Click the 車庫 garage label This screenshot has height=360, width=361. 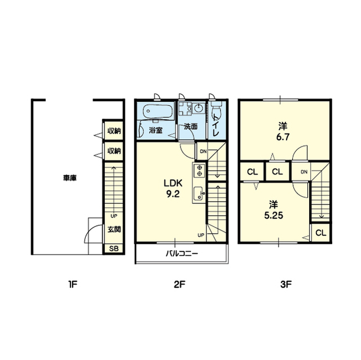click(x=70, y=177)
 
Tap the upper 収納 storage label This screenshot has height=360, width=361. click(x=114, y=131)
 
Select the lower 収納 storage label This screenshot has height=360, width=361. click(x=114, y=151)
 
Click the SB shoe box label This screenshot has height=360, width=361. click(x=114, y=248)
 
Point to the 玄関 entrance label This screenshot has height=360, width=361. click(x=114, y=229)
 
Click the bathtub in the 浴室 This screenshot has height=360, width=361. click(x=158, y=111)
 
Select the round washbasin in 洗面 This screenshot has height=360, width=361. click(x=199, y=108)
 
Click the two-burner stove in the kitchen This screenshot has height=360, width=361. click(x=199, y=170)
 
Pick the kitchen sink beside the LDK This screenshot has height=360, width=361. click(x=198, y=194)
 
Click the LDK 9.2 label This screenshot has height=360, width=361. click(x=173, y=189)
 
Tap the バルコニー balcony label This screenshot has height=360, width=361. click(x=182, y=254)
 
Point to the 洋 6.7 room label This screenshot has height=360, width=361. click(x=283, y=132)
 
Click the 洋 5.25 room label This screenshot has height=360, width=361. click(x=274, y=210)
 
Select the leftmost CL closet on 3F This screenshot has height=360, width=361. click(x=252, y=172)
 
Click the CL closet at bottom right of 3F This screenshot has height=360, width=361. click(x=321, y=233)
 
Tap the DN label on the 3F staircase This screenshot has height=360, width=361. click(x=304, y=172)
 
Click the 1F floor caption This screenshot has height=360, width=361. click(x=72, y=285)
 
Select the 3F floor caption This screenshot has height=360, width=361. click(x=286, y=285)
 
